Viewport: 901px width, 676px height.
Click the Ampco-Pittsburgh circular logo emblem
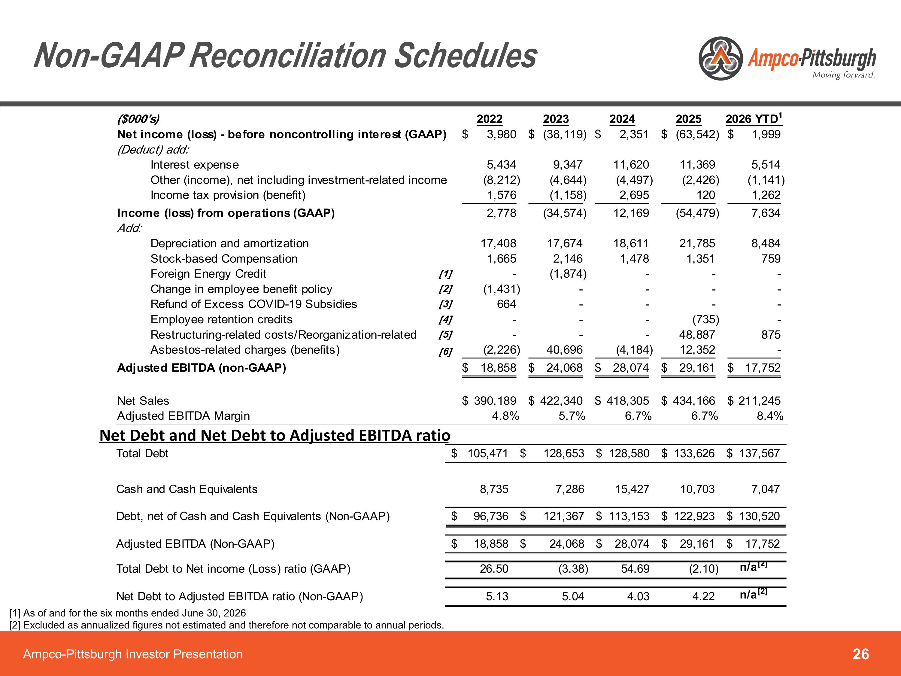click(720, 58)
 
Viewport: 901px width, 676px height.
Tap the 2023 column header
click(556, 119)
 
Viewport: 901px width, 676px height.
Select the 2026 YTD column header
click(754, 119)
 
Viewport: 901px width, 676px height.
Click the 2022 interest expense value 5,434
click(502, 165)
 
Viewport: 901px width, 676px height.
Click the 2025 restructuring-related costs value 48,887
click(697, 334)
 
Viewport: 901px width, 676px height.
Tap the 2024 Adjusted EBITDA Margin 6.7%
click(638, 416)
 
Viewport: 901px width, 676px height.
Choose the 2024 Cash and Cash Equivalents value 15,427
click(632, 489)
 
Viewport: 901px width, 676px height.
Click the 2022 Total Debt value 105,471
click(487, 453)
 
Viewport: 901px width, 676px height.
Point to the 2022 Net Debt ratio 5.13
click(497, 596)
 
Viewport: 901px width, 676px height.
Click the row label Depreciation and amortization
click(230, 243)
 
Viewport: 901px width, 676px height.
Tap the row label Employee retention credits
click(222, 319)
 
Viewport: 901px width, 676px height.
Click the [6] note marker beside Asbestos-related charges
click(445, 351)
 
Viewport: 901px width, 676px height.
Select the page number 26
click(861, 654)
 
